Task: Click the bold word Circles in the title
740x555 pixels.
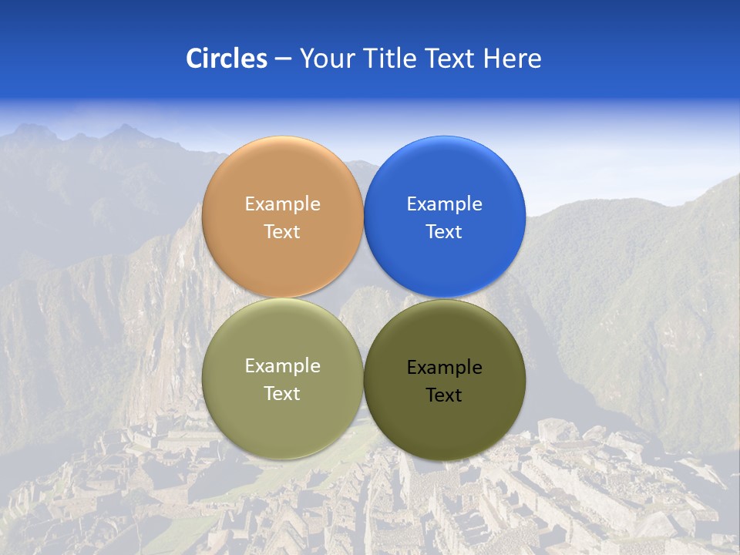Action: [x=227, y=58]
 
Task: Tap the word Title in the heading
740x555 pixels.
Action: [x=390, y=58]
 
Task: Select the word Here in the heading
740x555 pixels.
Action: [x=512, y=58]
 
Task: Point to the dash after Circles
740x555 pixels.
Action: [x=282, y=59]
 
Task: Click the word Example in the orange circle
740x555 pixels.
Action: [x=282, y=204]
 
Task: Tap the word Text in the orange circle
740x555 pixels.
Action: [x=282, y=231]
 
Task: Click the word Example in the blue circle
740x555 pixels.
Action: [x=444, y=204]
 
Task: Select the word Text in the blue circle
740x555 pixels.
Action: [x=444, y=231]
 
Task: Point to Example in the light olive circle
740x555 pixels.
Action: [x=282, y=366]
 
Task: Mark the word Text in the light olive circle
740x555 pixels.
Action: [x=282, y=393]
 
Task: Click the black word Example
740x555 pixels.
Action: [x=444, y=368]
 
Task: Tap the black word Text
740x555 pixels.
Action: [x=444, y=395]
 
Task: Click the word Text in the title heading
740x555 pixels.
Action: [x=451, y=58]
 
